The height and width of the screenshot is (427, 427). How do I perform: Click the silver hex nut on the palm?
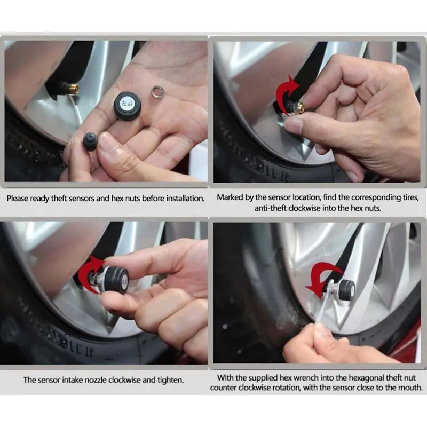point(157,91)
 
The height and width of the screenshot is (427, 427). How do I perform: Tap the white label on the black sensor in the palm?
point(126,103)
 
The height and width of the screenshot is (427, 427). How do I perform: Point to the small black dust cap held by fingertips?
point(90,141)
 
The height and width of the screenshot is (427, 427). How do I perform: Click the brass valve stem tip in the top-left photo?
point(74,88)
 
